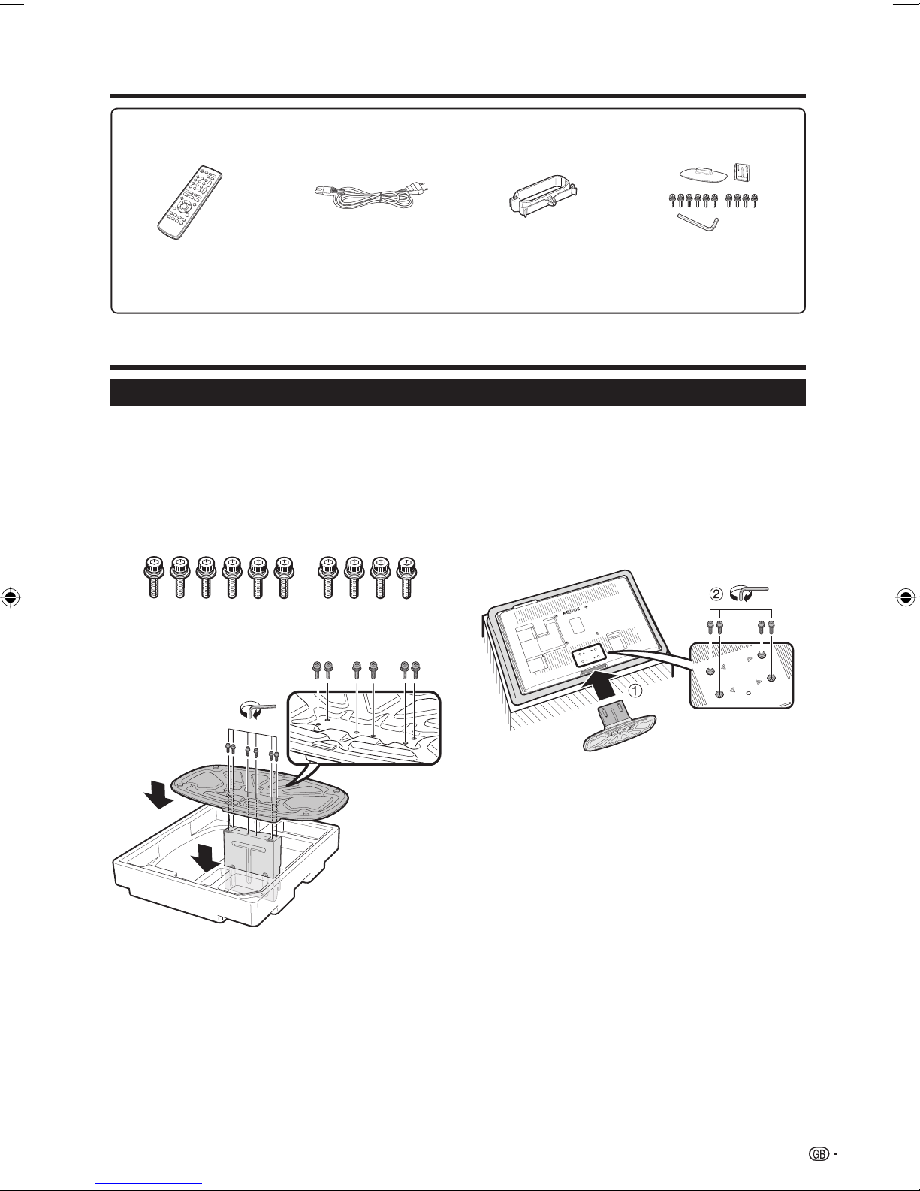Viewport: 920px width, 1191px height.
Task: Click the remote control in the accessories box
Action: [190, 203]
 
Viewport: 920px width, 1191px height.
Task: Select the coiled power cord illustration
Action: [366, 200]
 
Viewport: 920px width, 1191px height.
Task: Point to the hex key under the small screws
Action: [698, 221]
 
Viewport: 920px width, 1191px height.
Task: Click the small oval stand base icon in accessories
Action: [703, 174]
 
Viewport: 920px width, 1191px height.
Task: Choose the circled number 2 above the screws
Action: [716, 594]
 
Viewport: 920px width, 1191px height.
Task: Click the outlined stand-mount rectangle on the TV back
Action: [588, 654]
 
